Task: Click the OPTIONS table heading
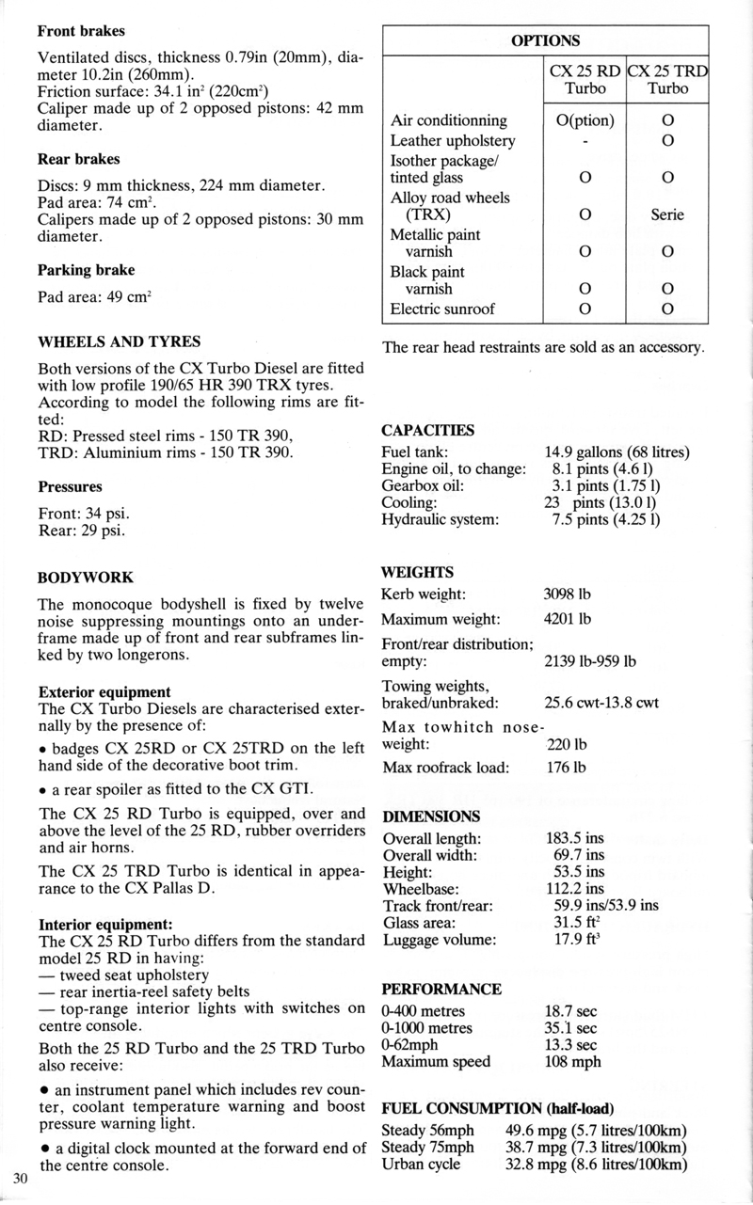click(x=545, y=40)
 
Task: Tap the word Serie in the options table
click(x=667, y=214)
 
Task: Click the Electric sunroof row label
click(x=442, y=309)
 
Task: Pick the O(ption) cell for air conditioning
click(x=580, y=120)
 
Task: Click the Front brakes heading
click(x=81, y=30)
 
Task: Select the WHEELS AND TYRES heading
click(x=118, y=341)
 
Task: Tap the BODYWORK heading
click(x=85, y=577)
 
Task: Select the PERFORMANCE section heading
click(x=441, y=990)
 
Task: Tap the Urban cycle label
click(x=421, y=1164)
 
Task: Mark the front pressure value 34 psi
click(x=110, y=513)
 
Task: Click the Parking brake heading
click(x=86, y=270)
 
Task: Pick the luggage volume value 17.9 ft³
click(x=577, y=939)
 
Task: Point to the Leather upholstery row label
click(x=453, y=141)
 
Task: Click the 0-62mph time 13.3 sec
click(x=571, y=1045)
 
